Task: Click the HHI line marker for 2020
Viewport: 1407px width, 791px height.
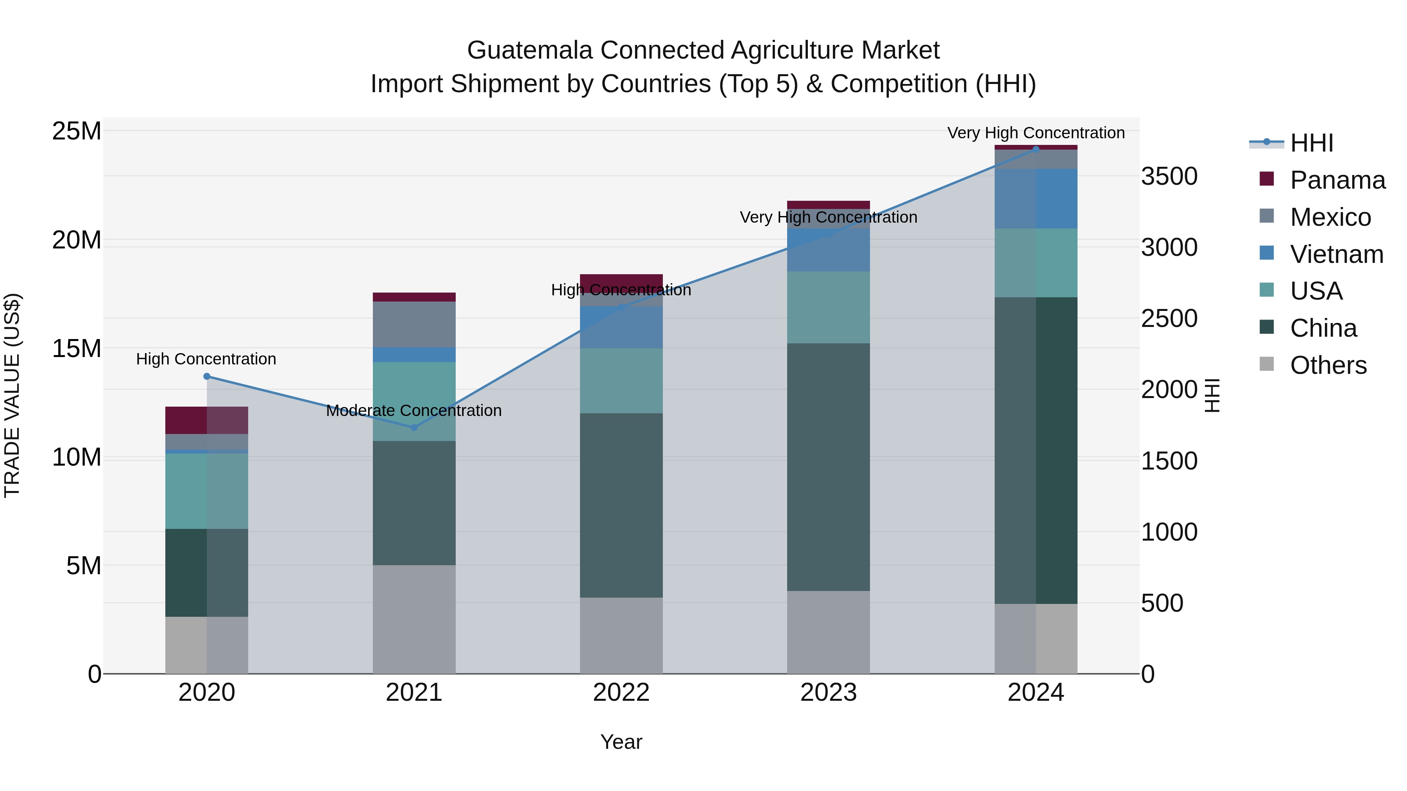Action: pos(206,376)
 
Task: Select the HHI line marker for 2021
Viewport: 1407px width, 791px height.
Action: pos(414,427)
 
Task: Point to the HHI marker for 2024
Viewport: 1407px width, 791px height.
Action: pos(1036,149)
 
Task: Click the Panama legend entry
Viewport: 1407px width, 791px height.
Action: pos(1337,180)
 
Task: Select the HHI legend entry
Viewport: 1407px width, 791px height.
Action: pos(1311,143)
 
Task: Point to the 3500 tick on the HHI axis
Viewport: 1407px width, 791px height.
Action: pos(1169,176)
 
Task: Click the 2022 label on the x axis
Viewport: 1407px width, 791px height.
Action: pos(621,693)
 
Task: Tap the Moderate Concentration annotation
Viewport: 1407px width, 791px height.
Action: pos(414,411)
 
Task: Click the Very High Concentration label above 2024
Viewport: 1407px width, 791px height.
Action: pos(1036,133)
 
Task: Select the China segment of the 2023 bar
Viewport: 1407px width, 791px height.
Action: pos(828,467)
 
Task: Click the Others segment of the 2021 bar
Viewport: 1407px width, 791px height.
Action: pos(414,619)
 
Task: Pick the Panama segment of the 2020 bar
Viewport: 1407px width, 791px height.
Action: pos(206,420)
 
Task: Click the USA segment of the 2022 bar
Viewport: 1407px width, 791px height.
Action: pos(621,380)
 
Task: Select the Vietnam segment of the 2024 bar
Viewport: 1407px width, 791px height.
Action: pos(1036,199)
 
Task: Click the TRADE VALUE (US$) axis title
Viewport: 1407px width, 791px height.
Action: pos(12,395)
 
